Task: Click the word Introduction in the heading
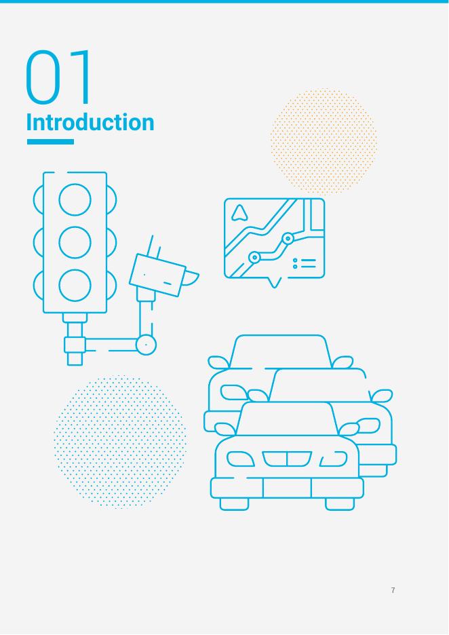pos(90,122)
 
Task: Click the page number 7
pos(393,590)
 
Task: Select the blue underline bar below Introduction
pos(50,142)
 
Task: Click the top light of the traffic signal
pos(75,199)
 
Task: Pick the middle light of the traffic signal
pos(75,243)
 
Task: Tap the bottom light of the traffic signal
pos(75,286)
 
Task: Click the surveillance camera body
pos(157,275)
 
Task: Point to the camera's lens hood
pos(191,278)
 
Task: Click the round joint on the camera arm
pos(146,345)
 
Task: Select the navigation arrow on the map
pos(239,213)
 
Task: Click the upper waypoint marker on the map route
pos(288,239)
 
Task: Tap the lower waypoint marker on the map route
pos(254,257)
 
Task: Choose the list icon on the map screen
pos(304,263)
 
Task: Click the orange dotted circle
pos(324,141)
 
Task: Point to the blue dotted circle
pos(120,441)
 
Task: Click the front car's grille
pos(287,459)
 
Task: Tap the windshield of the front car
pos(287,419)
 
